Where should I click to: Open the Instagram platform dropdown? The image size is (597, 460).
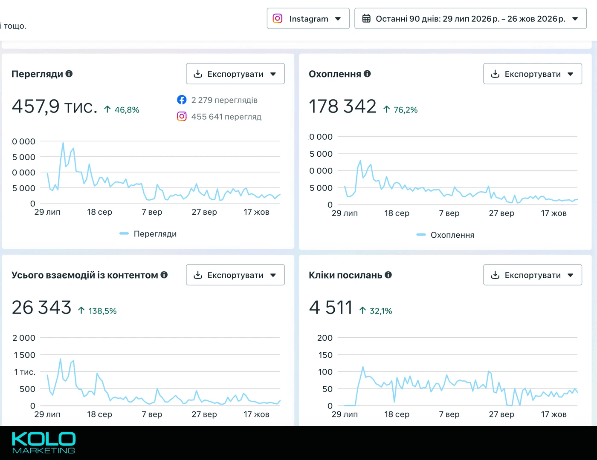click(x=308, y=18)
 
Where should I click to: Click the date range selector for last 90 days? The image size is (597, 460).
click(x=470, y=18)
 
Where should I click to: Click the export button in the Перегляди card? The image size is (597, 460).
click(x=235, y=74)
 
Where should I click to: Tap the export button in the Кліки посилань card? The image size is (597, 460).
click(x=533, y=275)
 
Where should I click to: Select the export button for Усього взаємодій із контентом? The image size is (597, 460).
click(x=235, y=275)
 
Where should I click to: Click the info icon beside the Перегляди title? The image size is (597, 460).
click(x=69, y=74)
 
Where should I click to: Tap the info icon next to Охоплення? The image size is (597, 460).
click(x=367, y=74)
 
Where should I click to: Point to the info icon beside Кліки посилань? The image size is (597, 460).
click(x=388, y=275)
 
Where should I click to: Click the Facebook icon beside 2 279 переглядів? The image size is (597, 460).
click(x=182, y=100)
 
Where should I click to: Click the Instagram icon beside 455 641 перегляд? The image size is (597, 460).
click(x=182, y=116)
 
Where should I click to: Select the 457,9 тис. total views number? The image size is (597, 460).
click(x=55, y=106)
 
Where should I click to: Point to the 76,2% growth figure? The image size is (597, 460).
click(x=406, y=110)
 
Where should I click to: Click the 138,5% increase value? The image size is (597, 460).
click(x=102, y=311)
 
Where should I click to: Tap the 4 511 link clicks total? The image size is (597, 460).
click(x=331, y=307)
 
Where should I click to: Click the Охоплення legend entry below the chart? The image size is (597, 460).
click(x=445, y=235)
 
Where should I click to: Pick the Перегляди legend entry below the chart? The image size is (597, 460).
click(x=148, y=234)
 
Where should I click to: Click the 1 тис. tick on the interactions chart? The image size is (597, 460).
click(x=25, y=372)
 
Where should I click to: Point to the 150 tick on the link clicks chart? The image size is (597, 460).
click(x=325, y=355)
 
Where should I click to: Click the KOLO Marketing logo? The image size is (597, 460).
click(x=43, y=443)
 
